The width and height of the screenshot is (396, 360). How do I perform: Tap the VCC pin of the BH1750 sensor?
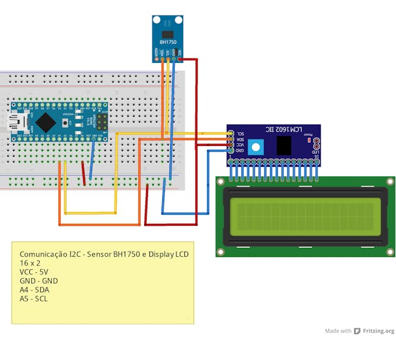pyautogui.click(x=180, y=58)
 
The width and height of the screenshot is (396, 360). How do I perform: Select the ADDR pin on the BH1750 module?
pyautogui.click(x=156, y=58)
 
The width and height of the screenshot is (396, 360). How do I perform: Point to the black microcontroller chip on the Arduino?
pyautogui.click(x=47, y=121)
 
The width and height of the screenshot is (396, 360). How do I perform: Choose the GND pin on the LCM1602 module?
pyautogui.click(x=231, y=150)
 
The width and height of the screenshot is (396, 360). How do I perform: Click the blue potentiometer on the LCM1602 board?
pyautogui.click(x=256, y=147)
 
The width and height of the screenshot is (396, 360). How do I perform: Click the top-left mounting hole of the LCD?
pyautogui.click(x=223, y=182)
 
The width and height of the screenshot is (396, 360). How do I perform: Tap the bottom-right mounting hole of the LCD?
pyautogui.click(x=389, y=250)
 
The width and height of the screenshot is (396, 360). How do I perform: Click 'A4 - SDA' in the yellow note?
pyautogui.click(x=34, y=290)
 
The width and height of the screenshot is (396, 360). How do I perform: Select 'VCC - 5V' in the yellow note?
pyautogui.click(x=34, y=272)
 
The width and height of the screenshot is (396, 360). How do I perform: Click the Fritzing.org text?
pyautogui.click(x=379, y=331)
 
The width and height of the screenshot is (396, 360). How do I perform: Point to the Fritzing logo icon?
pyautogui.click(x=357, y=331)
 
